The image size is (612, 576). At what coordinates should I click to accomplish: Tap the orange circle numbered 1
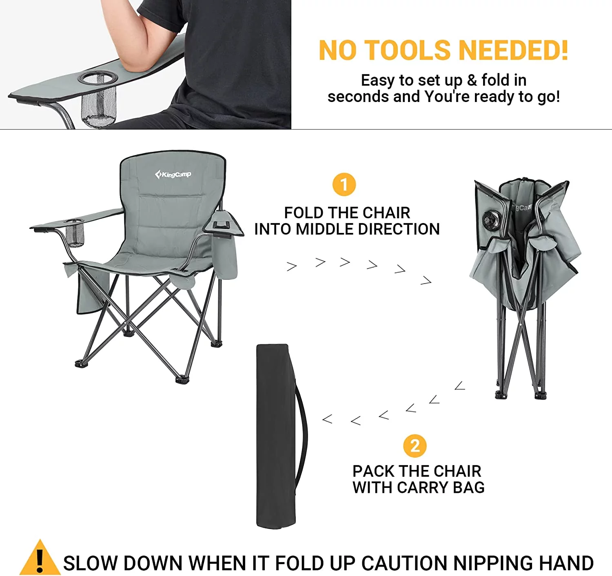[344, 184]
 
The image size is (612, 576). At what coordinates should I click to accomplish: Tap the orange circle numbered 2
[415, 446]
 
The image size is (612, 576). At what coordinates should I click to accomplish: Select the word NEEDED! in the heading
[513, 50]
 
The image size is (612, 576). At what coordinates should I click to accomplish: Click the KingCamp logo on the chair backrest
[173, 175]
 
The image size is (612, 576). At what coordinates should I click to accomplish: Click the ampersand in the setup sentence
[472, 80]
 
